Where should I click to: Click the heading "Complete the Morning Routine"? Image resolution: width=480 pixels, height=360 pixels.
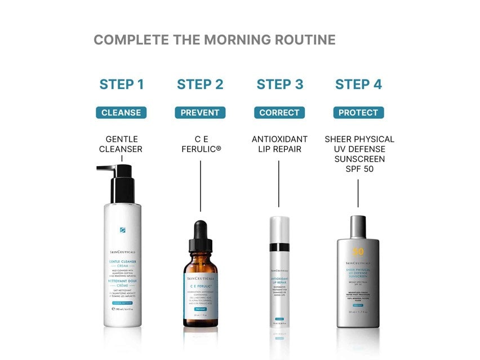pyautogui.click(x=214, y=40)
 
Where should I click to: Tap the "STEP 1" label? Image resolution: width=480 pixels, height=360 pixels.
pyautogui.click(x=122, y=85)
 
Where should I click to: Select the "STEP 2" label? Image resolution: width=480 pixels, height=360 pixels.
pyautogui.click(x=200, y=85)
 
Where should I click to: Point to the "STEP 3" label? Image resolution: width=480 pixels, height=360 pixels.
pyautogui.click(x=279, y=85)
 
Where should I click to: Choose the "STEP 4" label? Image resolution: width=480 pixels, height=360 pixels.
pyautogui.click(x=358, y=85)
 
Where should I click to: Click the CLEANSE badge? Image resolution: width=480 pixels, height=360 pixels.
pyautogui.click(x=121, y=113)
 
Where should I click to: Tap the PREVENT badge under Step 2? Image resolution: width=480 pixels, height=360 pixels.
pyautogui.click(x=200, y=113)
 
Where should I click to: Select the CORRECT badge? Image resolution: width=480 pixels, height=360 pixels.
pyautogui.click(x=279, y=113)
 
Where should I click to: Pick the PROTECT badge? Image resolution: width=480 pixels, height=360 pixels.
pyautogui.click(x=358, y=113)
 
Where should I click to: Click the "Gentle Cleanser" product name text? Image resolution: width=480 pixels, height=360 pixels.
pyautogui.click(x=122, y=144)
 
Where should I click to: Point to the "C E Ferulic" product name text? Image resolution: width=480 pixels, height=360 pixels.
pyautogui.click(x=200, y=144)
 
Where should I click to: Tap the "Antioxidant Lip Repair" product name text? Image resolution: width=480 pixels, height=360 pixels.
pyautogui.click(x=279, y=144)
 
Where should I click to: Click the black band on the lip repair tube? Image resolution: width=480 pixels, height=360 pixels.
pyautogui.click(x=279, y=247)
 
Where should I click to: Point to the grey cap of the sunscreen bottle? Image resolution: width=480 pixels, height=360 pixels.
pyautogui.click(x=358, y=226)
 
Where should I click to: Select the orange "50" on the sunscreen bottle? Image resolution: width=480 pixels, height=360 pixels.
pyautogui.click(x=343, y=251)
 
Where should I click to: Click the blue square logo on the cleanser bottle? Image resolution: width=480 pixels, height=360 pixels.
pyautogui.click(x=122, y=230)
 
